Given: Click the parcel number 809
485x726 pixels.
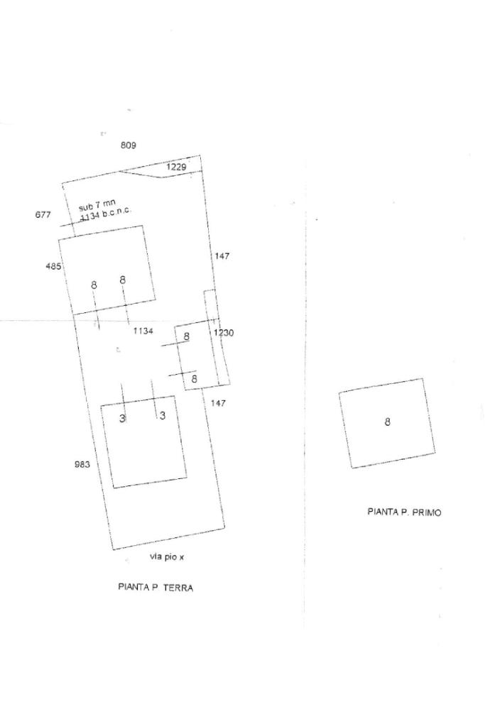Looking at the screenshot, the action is point(128,145).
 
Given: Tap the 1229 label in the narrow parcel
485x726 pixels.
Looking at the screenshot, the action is point(176,167).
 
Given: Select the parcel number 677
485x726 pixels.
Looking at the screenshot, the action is point(43,214).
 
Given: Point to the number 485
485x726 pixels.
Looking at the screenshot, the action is point(53,267).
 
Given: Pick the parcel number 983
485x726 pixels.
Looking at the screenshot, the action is point(82,465).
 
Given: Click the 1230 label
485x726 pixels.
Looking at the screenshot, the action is point(224,333).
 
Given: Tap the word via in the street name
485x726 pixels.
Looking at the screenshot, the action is point(156,557).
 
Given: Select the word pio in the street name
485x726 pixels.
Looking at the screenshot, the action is point(170,557).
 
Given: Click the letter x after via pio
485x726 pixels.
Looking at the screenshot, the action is point(182,558).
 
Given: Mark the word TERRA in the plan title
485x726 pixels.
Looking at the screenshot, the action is point(178,588).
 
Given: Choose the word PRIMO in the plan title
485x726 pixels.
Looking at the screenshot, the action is point(426,511).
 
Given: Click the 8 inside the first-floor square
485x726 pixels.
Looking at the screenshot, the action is point(387,422).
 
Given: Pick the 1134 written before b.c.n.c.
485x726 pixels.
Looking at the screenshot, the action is point(90,216).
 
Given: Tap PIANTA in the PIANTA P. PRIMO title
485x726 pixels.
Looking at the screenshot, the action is point(382,511).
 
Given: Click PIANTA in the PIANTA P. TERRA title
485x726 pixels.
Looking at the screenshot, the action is point(132,588).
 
